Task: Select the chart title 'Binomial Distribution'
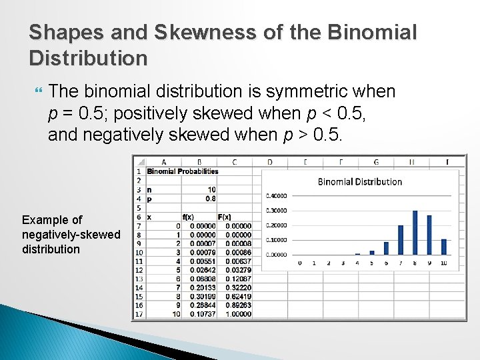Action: [x=360, y=181]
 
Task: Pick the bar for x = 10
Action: [x=444, y=247]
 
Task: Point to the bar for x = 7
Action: [x=401, y=240]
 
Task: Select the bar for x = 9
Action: [x=429, y=235]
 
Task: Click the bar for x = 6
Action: [x=386, y=250]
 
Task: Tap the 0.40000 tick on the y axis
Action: [x=277, y=196]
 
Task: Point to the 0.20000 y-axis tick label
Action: [x=277, y=225]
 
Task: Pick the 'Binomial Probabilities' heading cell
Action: [x=183, y=171]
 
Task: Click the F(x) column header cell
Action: [x=224, y=217]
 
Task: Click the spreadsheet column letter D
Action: [x=269, y=162]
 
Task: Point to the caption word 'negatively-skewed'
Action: [x=71, y=235]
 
